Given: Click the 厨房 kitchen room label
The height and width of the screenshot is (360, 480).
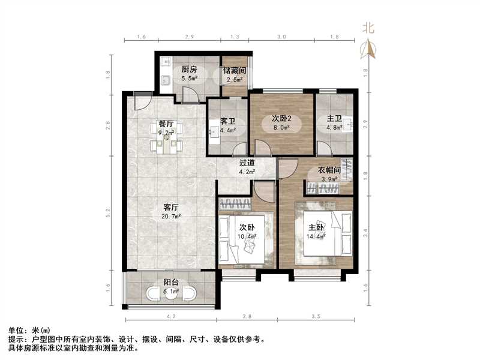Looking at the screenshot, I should (x=190, y=69).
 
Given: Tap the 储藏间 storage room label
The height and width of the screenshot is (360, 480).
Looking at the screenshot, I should (x=235, y=70).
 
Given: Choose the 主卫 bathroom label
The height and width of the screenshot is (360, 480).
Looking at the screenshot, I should (x=334, y=118).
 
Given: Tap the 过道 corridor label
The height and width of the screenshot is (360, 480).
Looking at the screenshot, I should (x=247, y=163).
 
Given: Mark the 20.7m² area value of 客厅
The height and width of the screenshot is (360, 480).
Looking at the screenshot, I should (x=172, y=215).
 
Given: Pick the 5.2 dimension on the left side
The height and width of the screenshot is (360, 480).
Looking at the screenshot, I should (x=109, y=212).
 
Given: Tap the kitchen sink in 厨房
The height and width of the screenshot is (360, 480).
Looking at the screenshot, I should (x=164, y=80).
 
